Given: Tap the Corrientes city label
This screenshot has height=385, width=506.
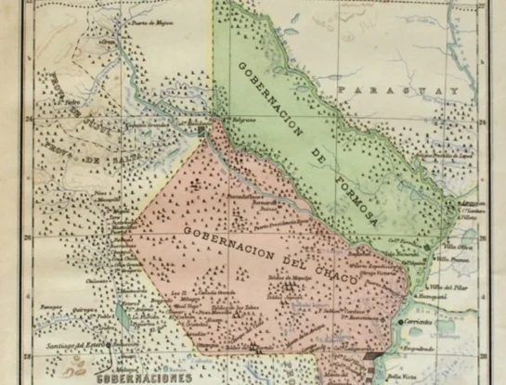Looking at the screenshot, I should [x=421, y=320].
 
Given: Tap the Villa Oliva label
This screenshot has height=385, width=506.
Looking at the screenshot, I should [x=449, y=248].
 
